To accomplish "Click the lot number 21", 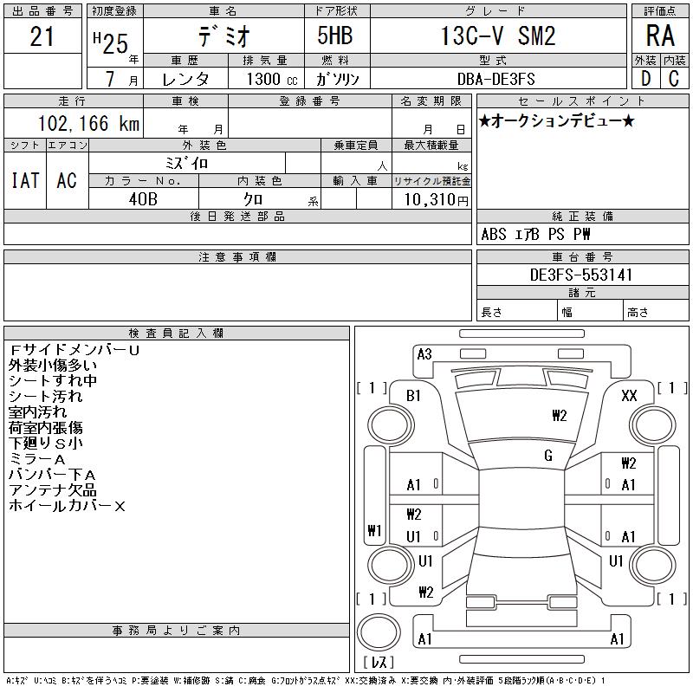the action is click(42, 36).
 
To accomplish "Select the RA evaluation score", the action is click(660, 36).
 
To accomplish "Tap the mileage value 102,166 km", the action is click(88, 123).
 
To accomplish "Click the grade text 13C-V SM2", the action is click(498, 36).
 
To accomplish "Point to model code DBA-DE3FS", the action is click(495, 79).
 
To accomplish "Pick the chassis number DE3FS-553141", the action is click(580, 275).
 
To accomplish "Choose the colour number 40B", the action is click(143, 199).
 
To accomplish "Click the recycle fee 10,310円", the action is click(436, 199).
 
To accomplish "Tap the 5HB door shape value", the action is click(335, 36).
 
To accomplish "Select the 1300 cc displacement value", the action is click(272, 79).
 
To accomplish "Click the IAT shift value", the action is click(25, 180).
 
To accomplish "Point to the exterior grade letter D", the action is click(645, 79).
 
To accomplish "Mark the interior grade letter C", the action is click(674, 79).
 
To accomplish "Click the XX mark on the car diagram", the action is click(629, 395).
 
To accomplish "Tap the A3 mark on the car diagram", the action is click(424, 354).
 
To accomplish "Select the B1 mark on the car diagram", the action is click(413, 396).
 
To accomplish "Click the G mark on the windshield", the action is click(548, 456).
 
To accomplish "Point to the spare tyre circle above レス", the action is click(379, 632).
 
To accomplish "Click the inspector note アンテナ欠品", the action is click(53, 490).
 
